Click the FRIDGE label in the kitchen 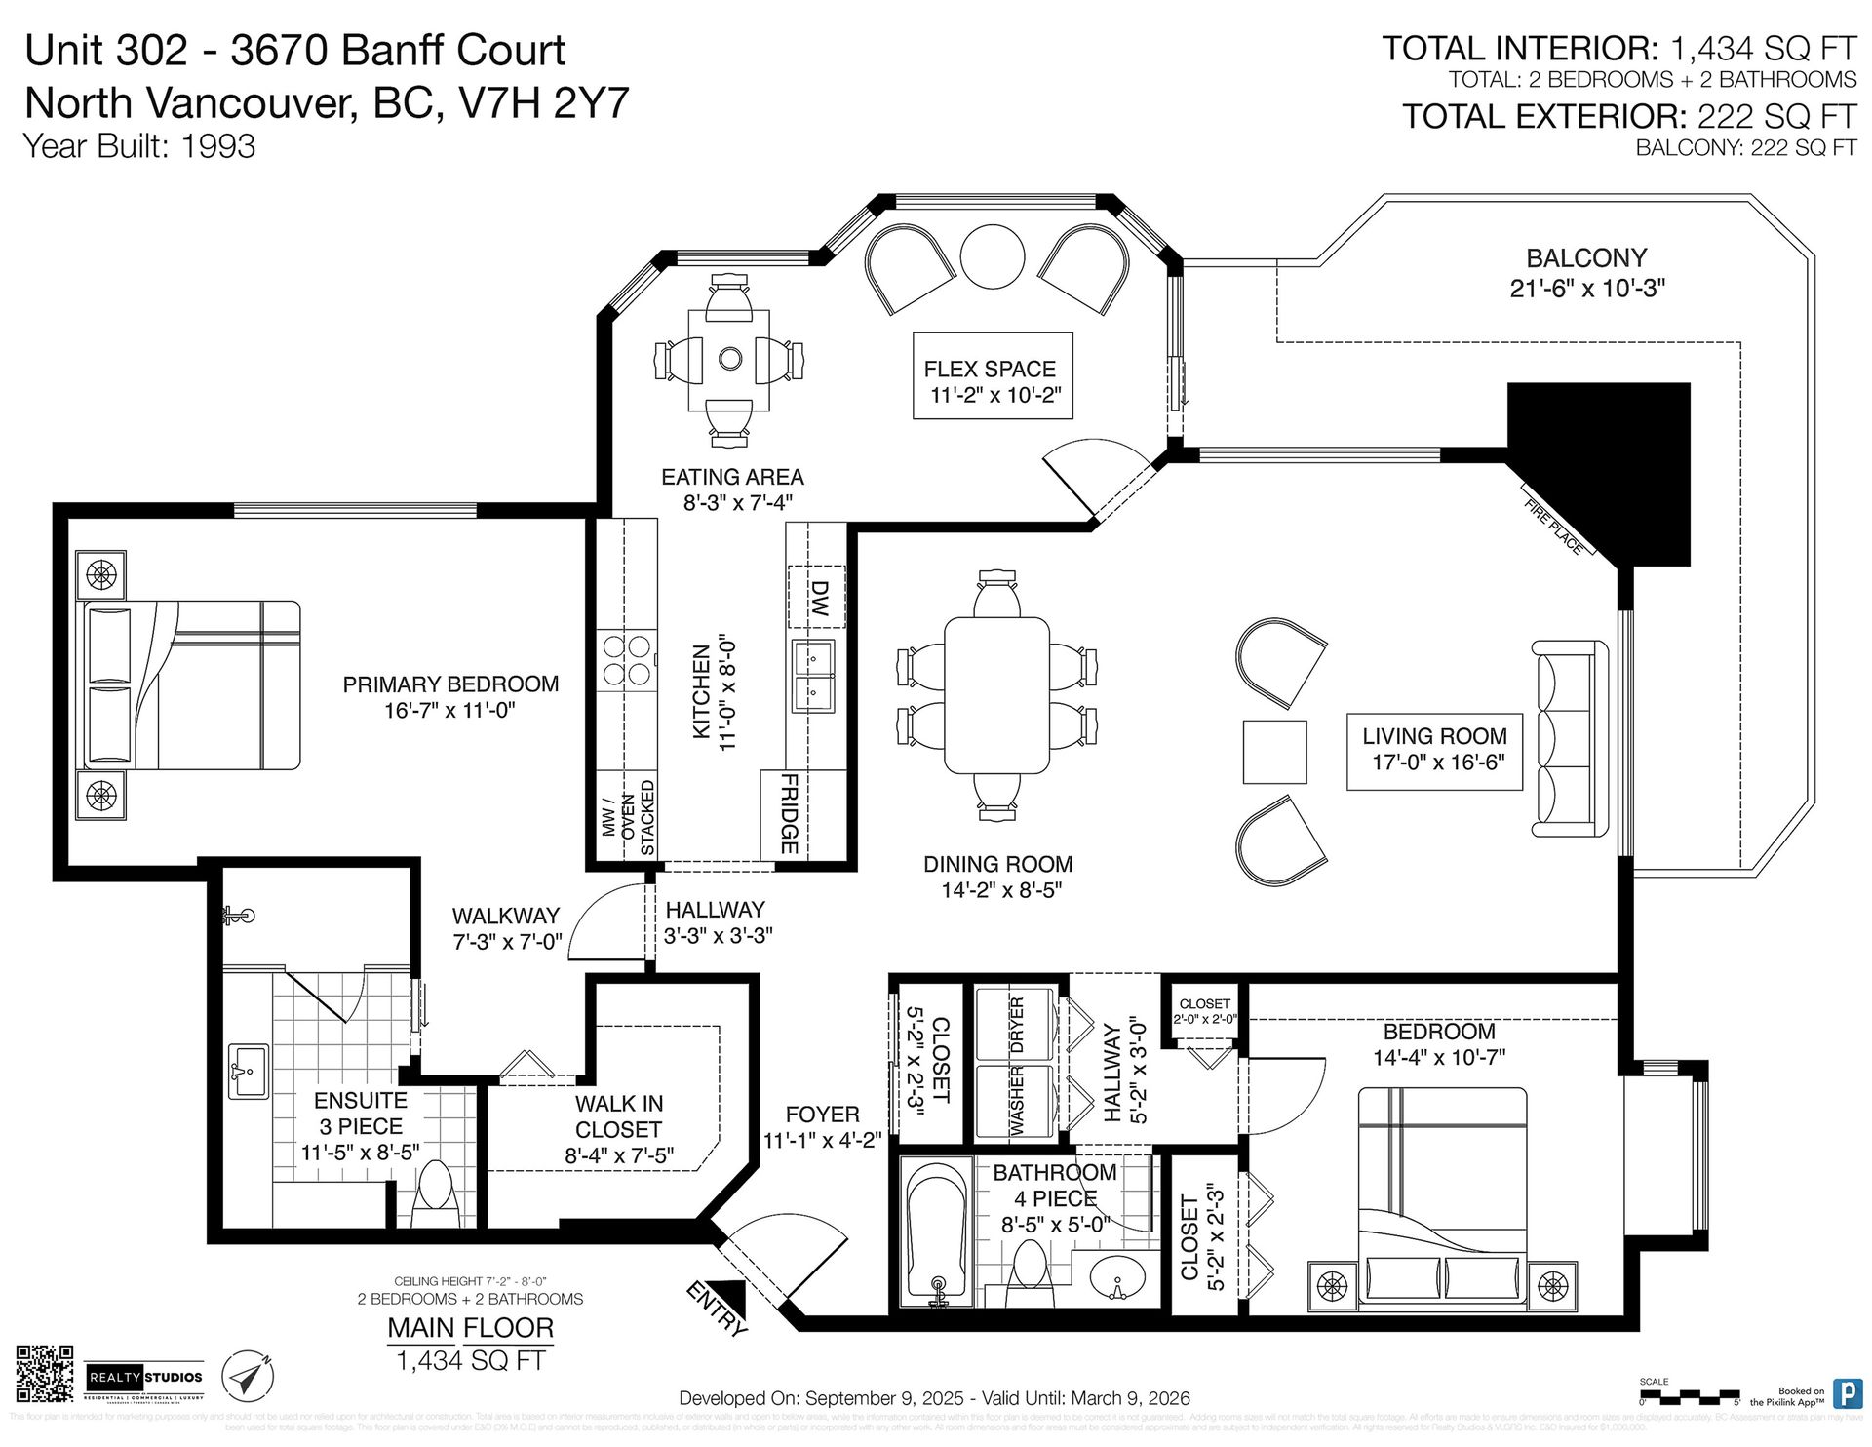coord(790,814)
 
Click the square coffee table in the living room coord(1274,752)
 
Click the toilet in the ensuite coord(436,1196)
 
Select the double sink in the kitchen coord(813,677)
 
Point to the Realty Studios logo coord(145,1377)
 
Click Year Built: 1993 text coord(139,146)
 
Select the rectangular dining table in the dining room coord(996,693)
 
